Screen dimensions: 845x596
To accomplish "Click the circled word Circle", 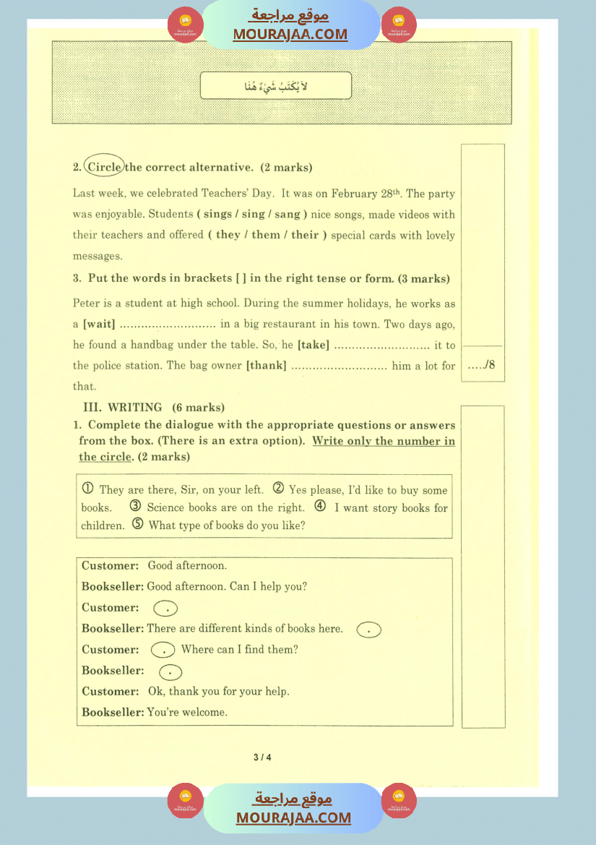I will point(105,167).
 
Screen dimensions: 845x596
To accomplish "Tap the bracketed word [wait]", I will point(99,325).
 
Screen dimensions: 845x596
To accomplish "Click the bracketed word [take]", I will point(313,346).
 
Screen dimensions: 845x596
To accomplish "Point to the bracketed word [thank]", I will point(267,366).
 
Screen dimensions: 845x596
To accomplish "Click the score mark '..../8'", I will point(482,365).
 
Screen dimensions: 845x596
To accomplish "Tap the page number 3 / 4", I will point(262,758).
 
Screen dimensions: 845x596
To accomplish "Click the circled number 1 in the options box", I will point(88,489).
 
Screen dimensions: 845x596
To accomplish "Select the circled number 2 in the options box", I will point(278,489).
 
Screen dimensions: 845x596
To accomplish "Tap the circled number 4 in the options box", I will point(321,507).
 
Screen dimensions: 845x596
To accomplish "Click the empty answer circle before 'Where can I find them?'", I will point(163,650).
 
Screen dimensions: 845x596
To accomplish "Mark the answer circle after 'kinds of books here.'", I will point(369,630).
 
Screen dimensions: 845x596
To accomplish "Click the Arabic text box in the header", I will point(276,86).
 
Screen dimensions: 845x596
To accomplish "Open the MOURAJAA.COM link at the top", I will point(290,34).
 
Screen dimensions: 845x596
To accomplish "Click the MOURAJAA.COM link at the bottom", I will point(293,818).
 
